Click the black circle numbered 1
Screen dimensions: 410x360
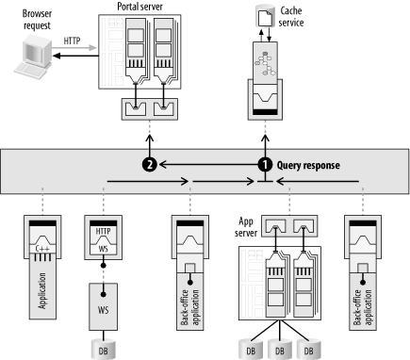(x=265, y=165)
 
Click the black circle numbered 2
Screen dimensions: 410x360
(x=149, y=165)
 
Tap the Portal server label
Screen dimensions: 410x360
(x=139, y=7)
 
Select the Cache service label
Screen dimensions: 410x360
(x=291, y=17)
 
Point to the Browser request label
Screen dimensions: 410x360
(x=37, y=20)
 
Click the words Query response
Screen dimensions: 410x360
(x=308, y=165)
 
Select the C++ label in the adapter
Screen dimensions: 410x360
(x=42, y=249)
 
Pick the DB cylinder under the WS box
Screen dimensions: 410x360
(x=103, y=350)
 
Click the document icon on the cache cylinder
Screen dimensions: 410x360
(x=265, y=18)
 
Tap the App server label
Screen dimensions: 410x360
(x=246, y=227)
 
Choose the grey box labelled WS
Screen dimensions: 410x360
(x=103, y=306)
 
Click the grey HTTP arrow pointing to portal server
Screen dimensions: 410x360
(x=74, y=48)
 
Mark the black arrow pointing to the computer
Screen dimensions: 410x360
(x=75, y=56)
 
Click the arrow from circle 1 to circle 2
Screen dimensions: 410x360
(x=208, y=164)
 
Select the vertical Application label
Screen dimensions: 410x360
(x=42, y=290)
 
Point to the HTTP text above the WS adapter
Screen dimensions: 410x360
(x=103, y=232)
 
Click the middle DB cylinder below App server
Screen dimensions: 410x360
(x=280, y=350)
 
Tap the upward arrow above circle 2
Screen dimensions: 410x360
(x=149, y=146)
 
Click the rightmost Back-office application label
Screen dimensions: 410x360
(x=363, y=307)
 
